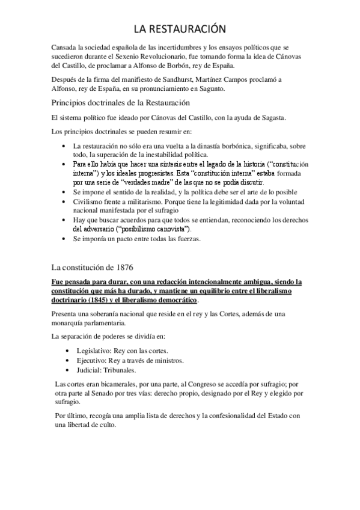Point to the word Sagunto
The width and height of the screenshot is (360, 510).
point(210,89)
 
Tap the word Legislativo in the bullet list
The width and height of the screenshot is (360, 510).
point(90,351)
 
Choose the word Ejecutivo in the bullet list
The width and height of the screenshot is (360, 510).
point(88,360)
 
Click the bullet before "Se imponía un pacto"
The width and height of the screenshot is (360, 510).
point(65,239)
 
